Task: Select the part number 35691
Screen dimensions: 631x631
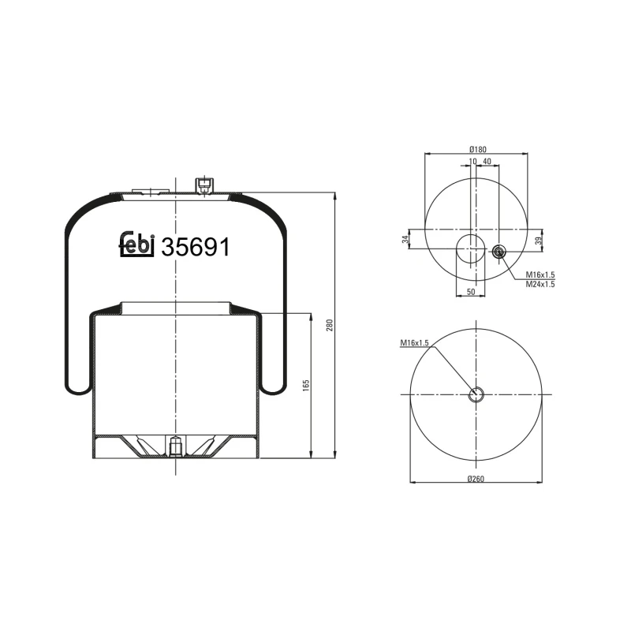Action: pyautogui.click(x=195, y=248)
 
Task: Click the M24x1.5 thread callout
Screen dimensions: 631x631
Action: pyautogui.click(x=540, y=284)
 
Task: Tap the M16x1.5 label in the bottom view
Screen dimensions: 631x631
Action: pyautogui.click(x=414, y=342)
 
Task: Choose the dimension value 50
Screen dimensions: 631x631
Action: pyautogui.click(x=471, y=293)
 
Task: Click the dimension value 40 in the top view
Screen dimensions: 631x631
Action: pyautogui.click(x=487, y=162)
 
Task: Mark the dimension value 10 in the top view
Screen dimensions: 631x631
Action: pyautogui.click(x=472, y=162)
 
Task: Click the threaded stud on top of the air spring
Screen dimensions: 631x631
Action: pyautogui.click(x=203, y=185)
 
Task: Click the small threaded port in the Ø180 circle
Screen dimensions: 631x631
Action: pyautogui.click(x=498, y=252)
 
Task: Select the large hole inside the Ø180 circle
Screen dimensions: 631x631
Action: pyautogui.click(x=471, y=249)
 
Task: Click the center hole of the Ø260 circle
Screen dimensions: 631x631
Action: pyautogui.click(x=476, y=394)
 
